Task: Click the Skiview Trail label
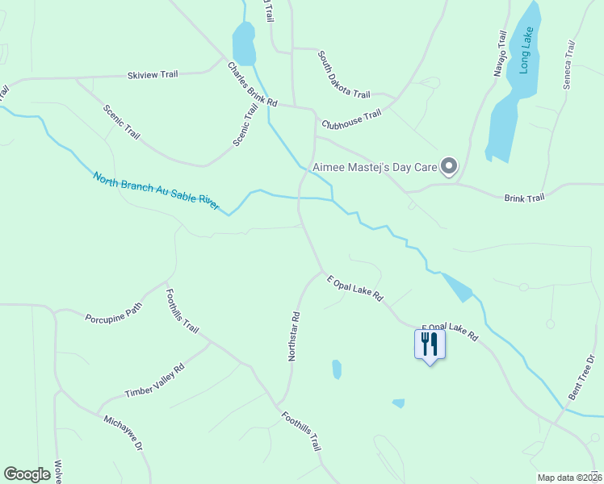click(x=153, y=75)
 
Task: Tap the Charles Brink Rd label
click(x=252, y=86)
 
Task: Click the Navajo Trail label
click(x=501, y=53)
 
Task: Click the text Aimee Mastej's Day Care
click(x=379, y=167)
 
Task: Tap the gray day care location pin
click(x=450, y=167)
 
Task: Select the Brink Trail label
click(x=524, y=197)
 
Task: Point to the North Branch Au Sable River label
click(x=156, y=190)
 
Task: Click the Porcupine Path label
click(x=113, y=311)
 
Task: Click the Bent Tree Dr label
click(x=581, y=377)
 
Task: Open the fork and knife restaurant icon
click(x=429, y=344)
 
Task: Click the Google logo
click(x=27, y=474)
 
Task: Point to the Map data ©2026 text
click(x=568, y=478)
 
